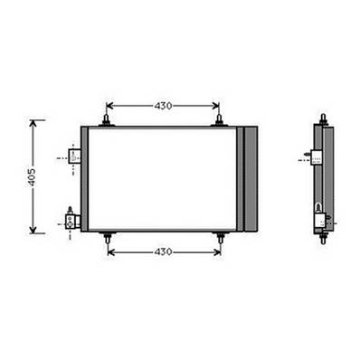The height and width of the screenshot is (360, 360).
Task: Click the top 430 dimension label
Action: coord(163,106)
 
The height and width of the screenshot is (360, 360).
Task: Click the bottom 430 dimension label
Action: coord(163,251)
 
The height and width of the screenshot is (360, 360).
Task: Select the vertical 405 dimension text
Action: coord(32,177)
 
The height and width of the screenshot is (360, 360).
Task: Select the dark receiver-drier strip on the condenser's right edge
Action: coord(251,178)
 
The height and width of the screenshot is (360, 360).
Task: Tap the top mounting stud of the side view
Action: coord(323,118)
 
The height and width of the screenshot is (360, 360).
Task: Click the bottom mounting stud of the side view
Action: coord(323,239)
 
